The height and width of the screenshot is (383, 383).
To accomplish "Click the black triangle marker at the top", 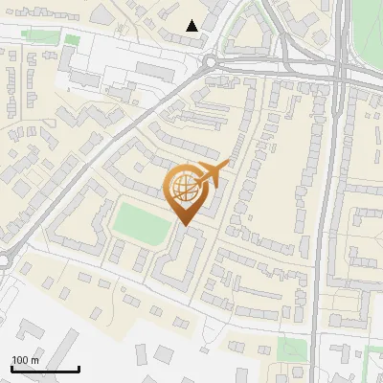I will [x=192, y=26].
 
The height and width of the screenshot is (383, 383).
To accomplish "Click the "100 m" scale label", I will [x=25, y=360].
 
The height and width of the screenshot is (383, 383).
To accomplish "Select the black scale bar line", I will [x=45, y=369].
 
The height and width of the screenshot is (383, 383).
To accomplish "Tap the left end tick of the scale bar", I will [x=11, y=369].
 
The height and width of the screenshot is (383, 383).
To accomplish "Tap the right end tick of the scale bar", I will [x=79, y=369].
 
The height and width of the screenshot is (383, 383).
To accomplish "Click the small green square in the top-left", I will [x=72, y=40].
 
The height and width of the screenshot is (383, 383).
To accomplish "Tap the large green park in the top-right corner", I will [x=369, y=29].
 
